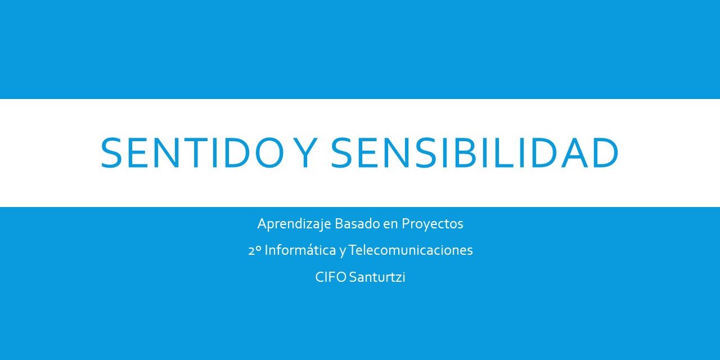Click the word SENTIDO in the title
(x=192, y=152)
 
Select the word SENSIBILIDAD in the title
(x=474, y=152)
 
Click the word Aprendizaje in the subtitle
(x=294, y=224)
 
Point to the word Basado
(x=357, y=223)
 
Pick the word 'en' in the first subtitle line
(x=390, y=225)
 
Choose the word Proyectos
(x=433, y=224)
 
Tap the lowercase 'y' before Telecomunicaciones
(x=343, y=252)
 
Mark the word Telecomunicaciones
(x=411, y=250)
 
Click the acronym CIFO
(x=331, y=277)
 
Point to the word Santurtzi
(x=377, y=277)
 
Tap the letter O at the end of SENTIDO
(x=269, y=152)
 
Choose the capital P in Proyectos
(x=406, y=223)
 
